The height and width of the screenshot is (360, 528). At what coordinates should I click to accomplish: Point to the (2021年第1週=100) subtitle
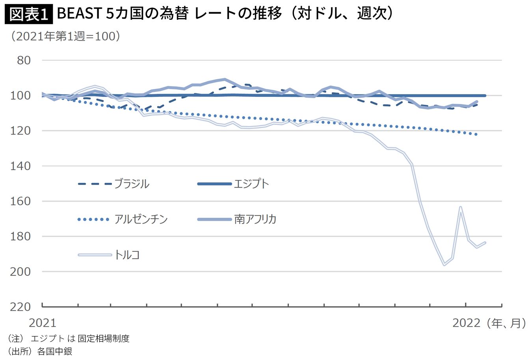pos(65,37)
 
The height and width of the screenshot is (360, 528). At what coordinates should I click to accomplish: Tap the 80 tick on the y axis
pos(24,60)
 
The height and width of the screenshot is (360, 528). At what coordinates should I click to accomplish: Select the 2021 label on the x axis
pos(43,323)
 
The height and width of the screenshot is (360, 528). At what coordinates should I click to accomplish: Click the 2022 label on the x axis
pos(467,323)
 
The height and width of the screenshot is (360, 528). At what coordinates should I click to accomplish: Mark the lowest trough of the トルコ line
pos(444,265)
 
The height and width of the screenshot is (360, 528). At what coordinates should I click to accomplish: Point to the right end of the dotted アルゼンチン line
pos(476,134)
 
